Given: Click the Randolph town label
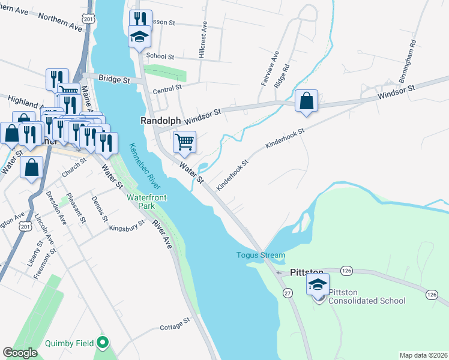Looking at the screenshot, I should [x=161, y=121].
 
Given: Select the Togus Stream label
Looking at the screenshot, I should [x=260, y=256].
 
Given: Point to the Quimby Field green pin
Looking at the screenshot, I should [x=103, y=343].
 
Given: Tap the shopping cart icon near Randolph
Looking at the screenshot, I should [x=184, y=142].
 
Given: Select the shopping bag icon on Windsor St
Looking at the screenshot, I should [x=306, y=101].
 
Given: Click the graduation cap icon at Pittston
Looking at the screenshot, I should [x=318, y=285].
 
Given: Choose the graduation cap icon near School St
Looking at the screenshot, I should [x=140, y=37].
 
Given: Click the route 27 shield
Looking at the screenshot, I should [x=288, y=292].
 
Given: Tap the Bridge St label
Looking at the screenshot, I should [x=114, y=79].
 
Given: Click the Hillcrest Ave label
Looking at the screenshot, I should [x=203, y=41].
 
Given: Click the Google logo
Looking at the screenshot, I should [x=20, y=353].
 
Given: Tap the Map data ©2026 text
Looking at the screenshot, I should [x=423, y=355].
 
